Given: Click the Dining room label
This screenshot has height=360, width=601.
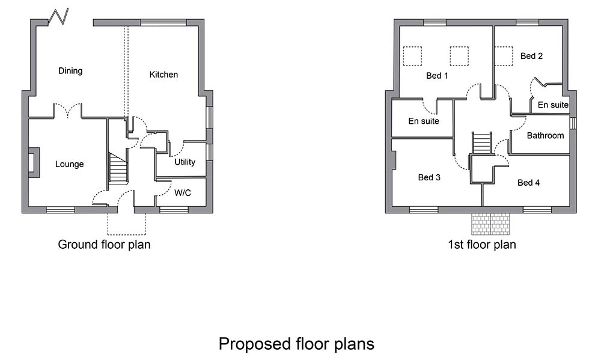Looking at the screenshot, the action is tap(70, 71).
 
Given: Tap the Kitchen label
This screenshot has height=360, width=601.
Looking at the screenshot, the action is tap(163, 75).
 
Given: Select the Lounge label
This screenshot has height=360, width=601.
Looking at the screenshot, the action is tap(69, 164).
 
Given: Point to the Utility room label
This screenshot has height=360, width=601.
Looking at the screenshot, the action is tap(185, 162).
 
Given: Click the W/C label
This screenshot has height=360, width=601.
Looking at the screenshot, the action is tap(183, 193).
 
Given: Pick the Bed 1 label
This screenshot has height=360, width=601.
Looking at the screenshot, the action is tap(437, 76).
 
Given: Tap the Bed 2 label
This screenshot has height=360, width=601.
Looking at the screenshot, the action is tap(531, 56).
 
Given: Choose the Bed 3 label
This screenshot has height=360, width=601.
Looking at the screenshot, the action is tap(429, 177).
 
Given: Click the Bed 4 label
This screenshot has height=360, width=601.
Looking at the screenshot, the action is tap(528, 183).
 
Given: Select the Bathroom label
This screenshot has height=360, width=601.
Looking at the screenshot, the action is tap(545, 135).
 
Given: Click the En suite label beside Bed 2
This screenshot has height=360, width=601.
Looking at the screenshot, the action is tap(553, 105).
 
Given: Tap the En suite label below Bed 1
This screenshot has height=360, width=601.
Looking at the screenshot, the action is tap(424, 121).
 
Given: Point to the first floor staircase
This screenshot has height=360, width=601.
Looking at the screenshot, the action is tap(481, 142).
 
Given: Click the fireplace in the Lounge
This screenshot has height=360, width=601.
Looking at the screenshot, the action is tap(33, 162).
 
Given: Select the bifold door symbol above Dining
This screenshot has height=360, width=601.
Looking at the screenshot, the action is tap(58, 16).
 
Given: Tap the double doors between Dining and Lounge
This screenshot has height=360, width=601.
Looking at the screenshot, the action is tap(67, 110).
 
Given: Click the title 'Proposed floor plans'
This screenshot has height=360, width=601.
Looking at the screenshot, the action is tap(296, 344).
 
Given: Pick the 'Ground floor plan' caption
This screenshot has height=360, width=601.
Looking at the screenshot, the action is tap(104, 244).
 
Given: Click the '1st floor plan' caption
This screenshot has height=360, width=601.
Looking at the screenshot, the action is tap(482, 244).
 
